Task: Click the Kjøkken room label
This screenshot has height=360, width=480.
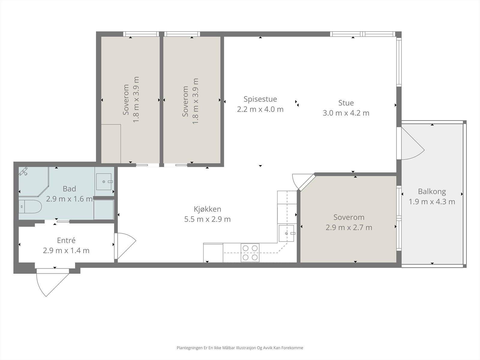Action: pyautogui.click(x=207, y=209)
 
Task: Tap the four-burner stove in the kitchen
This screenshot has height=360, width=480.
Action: pyautogui.click(x=250, y=253)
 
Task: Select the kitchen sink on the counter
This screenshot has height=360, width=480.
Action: pyautogui.click(x=287, y=233)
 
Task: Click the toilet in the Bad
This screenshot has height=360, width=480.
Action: pyautogui.click(x=30, y=206)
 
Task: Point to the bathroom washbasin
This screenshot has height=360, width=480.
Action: pyautogui.click(x=104, y=181)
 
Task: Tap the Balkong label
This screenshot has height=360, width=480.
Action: pyautogui.click(x=432, y=191)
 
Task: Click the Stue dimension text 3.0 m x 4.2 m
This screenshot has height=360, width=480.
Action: pyautogui.click(x=346, y=113)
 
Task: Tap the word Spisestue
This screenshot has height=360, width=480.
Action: pyautogui.click(x=260, y=99)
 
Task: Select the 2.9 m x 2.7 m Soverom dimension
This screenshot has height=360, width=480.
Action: pyautogui.click(x=349, y=227)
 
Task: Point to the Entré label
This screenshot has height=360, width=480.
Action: pyautogui.click(x=66, y=240)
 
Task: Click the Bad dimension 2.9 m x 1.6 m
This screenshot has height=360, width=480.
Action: pyautogui.click(x=69, y=199)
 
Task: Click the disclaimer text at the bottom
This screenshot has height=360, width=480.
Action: pyautogui.click(x=240, y=348)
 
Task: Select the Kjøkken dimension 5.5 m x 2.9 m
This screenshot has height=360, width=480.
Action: pyautogui.click(x=207, y=219)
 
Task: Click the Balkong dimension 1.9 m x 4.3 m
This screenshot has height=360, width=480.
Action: pyautogui.click(x=432, y=202)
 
